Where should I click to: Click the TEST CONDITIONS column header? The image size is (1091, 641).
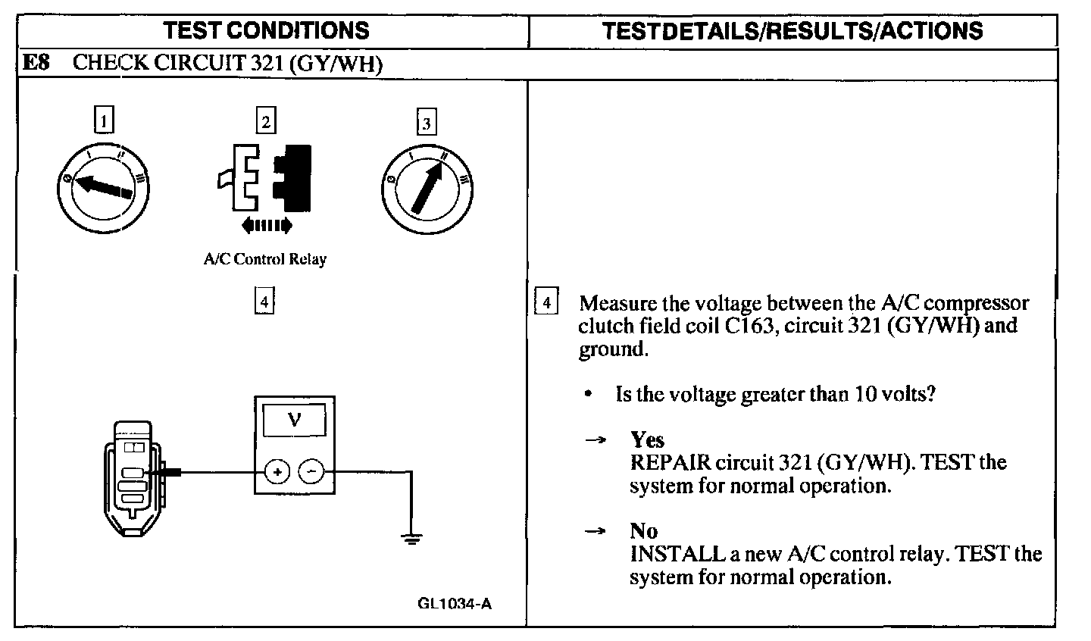267,30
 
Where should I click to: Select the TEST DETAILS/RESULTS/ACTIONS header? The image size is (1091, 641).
792,30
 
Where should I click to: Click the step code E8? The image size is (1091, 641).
36,63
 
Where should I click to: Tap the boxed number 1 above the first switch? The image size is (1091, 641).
105,120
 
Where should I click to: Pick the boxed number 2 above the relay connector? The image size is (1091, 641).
265,120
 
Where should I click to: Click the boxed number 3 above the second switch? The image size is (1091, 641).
427,123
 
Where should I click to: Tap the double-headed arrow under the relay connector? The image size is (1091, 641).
265,224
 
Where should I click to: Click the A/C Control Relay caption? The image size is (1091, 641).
265,259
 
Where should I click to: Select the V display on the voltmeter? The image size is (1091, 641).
295,418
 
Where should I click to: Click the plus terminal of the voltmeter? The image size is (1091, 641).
277,472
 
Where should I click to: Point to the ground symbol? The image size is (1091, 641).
411,539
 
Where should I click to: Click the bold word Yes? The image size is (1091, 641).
647,439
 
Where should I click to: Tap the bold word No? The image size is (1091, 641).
643,531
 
